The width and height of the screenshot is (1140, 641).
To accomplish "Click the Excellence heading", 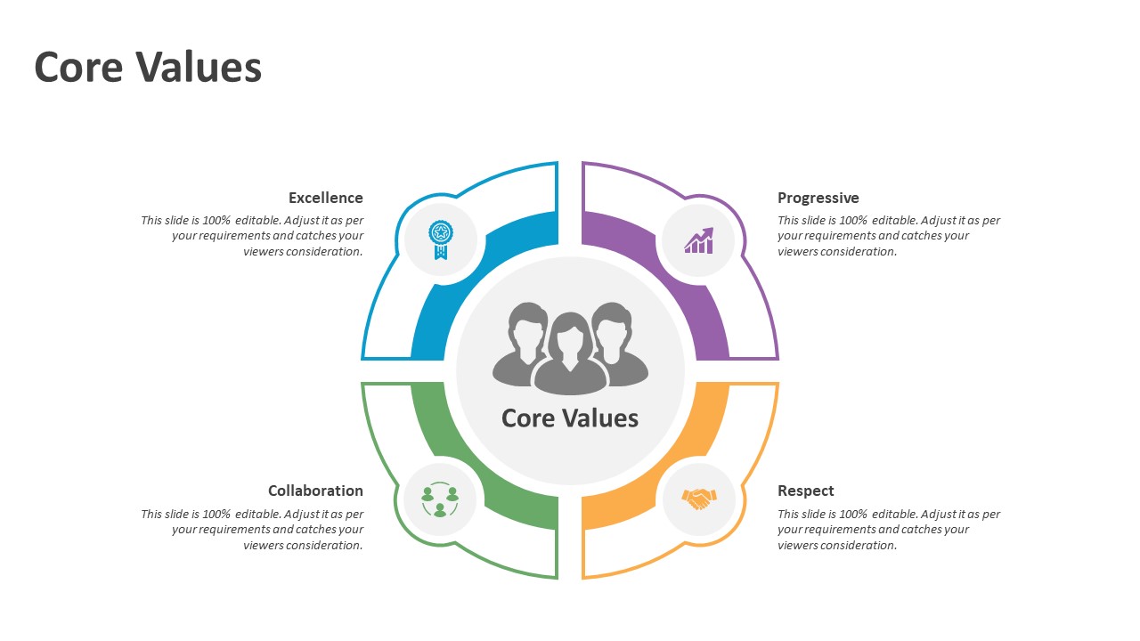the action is pyautogui.click(x=326, y=198).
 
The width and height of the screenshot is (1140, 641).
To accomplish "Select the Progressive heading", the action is pyautogui.click(x=818, y=198).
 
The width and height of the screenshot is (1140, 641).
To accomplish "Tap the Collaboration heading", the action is pyautogui.click(x=315, y=491).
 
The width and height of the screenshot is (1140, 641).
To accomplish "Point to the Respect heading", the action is pyautogui.click(x=806, y=491).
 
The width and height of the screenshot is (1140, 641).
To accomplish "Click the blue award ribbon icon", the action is pyautogui.click(x=441, y=239).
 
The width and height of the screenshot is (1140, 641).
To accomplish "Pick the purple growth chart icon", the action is pyautogui.click(x=699, y=240).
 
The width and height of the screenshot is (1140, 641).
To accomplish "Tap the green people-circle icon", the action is pyautogui.click(x=440, y=499).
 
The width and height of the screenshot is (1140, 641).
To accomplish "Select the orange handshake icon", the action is pyautogui.click(x=699, y=499).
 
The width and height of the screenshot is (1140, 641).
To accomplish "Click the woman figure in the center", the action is pyautogui.click(x=570, y=354).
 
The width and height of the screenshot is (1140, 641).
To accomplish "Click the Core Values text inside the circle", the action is pyautogui.click(x=569, y=418).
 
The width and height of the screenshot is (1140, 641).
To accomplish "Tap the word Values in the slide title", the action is pyautogui.click(x=199, y=68).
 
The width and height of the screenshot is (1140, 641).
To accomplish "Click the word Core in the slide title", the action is pyautogui.click(x=78, y=68).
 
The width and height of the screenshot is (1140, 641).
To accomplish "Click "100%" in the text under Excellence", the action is pyautogui.click(x=216, y=220).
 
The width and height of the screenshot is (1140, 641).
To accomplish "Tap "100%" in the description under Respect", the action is pyautogui.click(x=853, y=514).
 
